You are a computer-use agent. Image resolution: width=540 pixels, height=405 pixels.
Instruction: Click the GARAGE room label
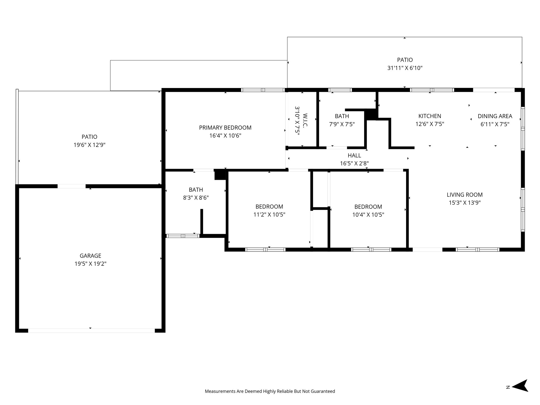point(90,255)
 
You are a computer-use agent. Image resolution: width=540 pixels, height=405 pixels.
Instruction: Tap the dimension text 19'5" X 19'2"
point(90,264)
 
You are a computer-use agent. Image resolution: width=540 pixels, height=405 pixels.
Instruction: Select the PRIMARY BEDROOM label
point(225,128)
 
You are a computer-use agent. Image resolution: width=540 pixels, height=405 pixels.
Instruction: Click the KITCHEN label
point(430,116)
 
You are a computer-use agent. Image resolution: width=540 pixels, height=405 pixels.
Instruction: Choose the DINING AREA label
point(495,116)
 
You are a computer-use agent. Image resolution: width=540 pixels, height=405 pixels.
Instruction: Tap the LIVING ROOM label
point(464,195)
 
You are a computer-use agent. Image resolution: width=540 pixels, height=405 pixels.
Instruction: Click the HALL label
point(354,155)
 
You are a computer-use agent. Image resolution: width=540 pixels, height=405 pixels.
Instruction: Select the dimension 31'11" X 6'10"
point(405,68)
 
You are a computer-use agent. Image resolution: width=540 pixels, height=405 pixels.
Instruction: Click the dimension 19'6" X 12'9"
point(89,145)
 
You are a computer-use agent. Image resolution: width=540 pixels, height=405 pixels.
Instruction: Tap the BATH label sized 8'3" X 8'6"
point(196,190)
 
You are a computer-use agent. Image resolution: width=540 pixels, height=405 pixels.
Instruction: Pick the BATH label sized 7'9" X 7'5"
point(342,116)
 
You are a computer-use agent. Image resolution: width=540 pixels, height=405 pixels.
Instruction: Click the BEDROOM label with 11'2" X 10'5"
point(269,206)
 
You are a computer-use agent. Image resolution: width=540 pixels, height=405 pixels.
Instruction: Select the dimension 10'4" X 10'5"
point(368,215)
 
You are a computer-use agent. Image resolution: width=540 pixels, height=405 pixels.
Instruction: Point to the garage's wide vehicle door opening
point(91,330)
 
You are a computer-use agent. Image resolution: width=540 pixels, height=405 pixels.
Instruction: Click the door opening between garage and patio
point(71,186)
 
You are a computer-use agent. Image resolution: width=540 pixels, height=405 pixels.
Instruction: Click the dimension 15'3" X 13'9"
point(464,203)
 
